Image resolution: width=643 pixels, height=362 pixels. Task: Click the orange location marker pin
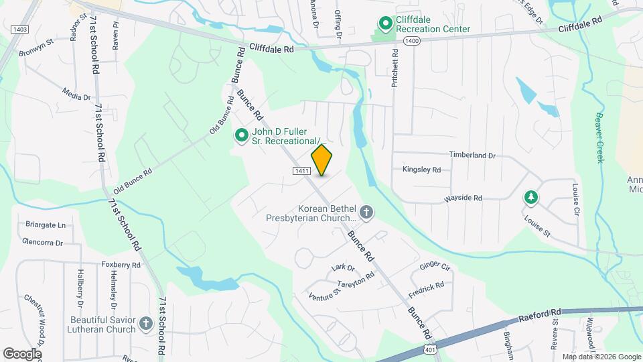[x=321, y=160]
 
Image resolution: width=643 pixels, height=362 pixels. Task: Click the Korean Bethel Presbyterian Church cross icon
[x=366, y=213]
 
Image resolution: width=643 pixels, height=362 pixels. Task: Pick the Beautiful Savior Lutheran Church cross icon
[x=147, y=325]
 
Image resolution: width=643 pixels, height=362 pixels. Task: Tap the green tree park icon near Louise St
[x=530, y=197]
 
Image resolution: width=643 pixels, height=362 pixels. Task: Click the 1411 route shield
[x=301, y=172]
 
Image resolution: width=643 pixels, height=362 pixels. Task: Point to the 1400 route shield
[x=412, y=41]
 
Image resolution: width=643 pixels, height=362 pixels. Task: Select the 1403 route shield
[x=19, y=29]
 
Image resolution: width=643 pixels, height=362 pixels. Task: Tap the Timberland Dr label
[x=472, y=155]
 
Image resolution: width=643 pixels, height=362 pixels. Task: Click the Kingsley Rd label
[x=421, y=170]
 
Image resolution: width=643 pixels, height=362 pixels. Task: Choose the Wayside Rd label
[x=463, y=198]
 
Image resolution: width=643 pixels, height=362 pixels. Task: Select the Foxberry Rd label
[x=121, y=265]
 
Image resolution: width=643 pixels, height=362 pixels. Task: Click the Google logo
[x=22, y=353]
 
